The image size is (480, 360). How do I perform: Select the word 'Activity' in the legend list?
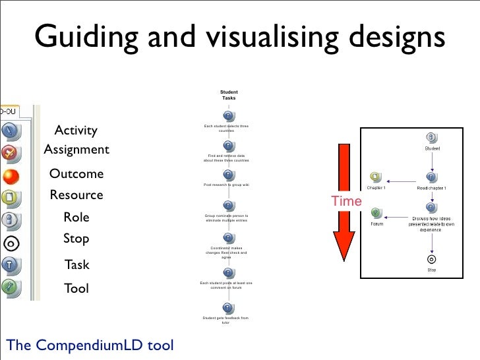coord(76,130)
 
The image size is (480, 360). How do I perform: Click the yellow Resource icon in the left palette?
coord(9,197)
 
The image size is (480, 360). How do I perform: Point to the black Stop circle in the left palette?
coord(10,242)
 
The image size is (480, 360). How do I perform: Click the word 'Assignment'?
coord(76,150)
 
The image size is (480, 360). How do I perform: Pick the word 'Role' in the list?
coord(76,218)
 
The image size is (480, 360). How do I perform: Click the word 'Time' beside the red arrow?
coord(346,202)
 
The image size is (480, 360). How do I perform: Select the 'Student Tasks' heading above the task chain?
coord(229,95)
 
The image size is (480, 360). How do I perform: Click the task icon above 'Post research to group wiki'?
coord(227,175)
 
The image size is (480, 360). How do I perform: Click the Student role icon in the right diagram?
coord(431,137)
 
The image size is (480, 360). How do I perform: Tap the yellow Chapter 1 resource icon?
coord(375,177)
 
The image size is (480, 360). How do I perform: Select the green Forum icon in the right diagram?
coord(375,212)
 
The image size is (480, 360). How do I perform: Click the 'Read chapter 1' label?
coord(431,188)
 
